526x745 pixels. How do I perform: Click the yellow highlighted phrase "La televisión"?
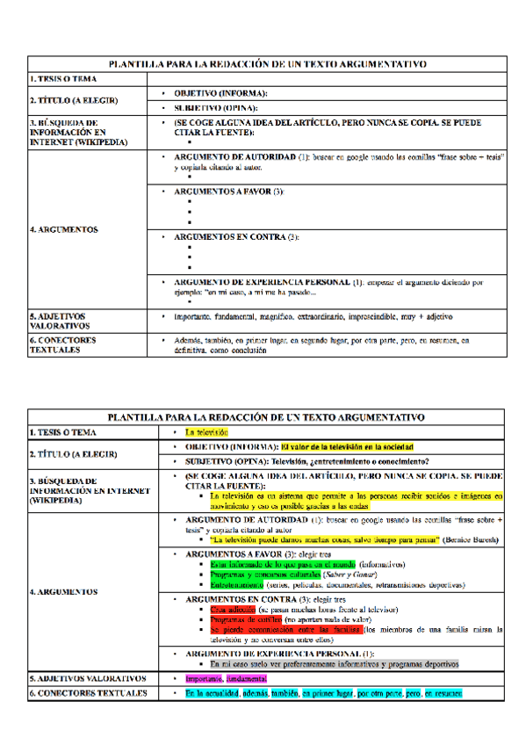tap(206, 432)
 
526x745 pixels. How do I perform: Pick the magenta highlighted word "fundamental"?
tap(247, 678)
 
